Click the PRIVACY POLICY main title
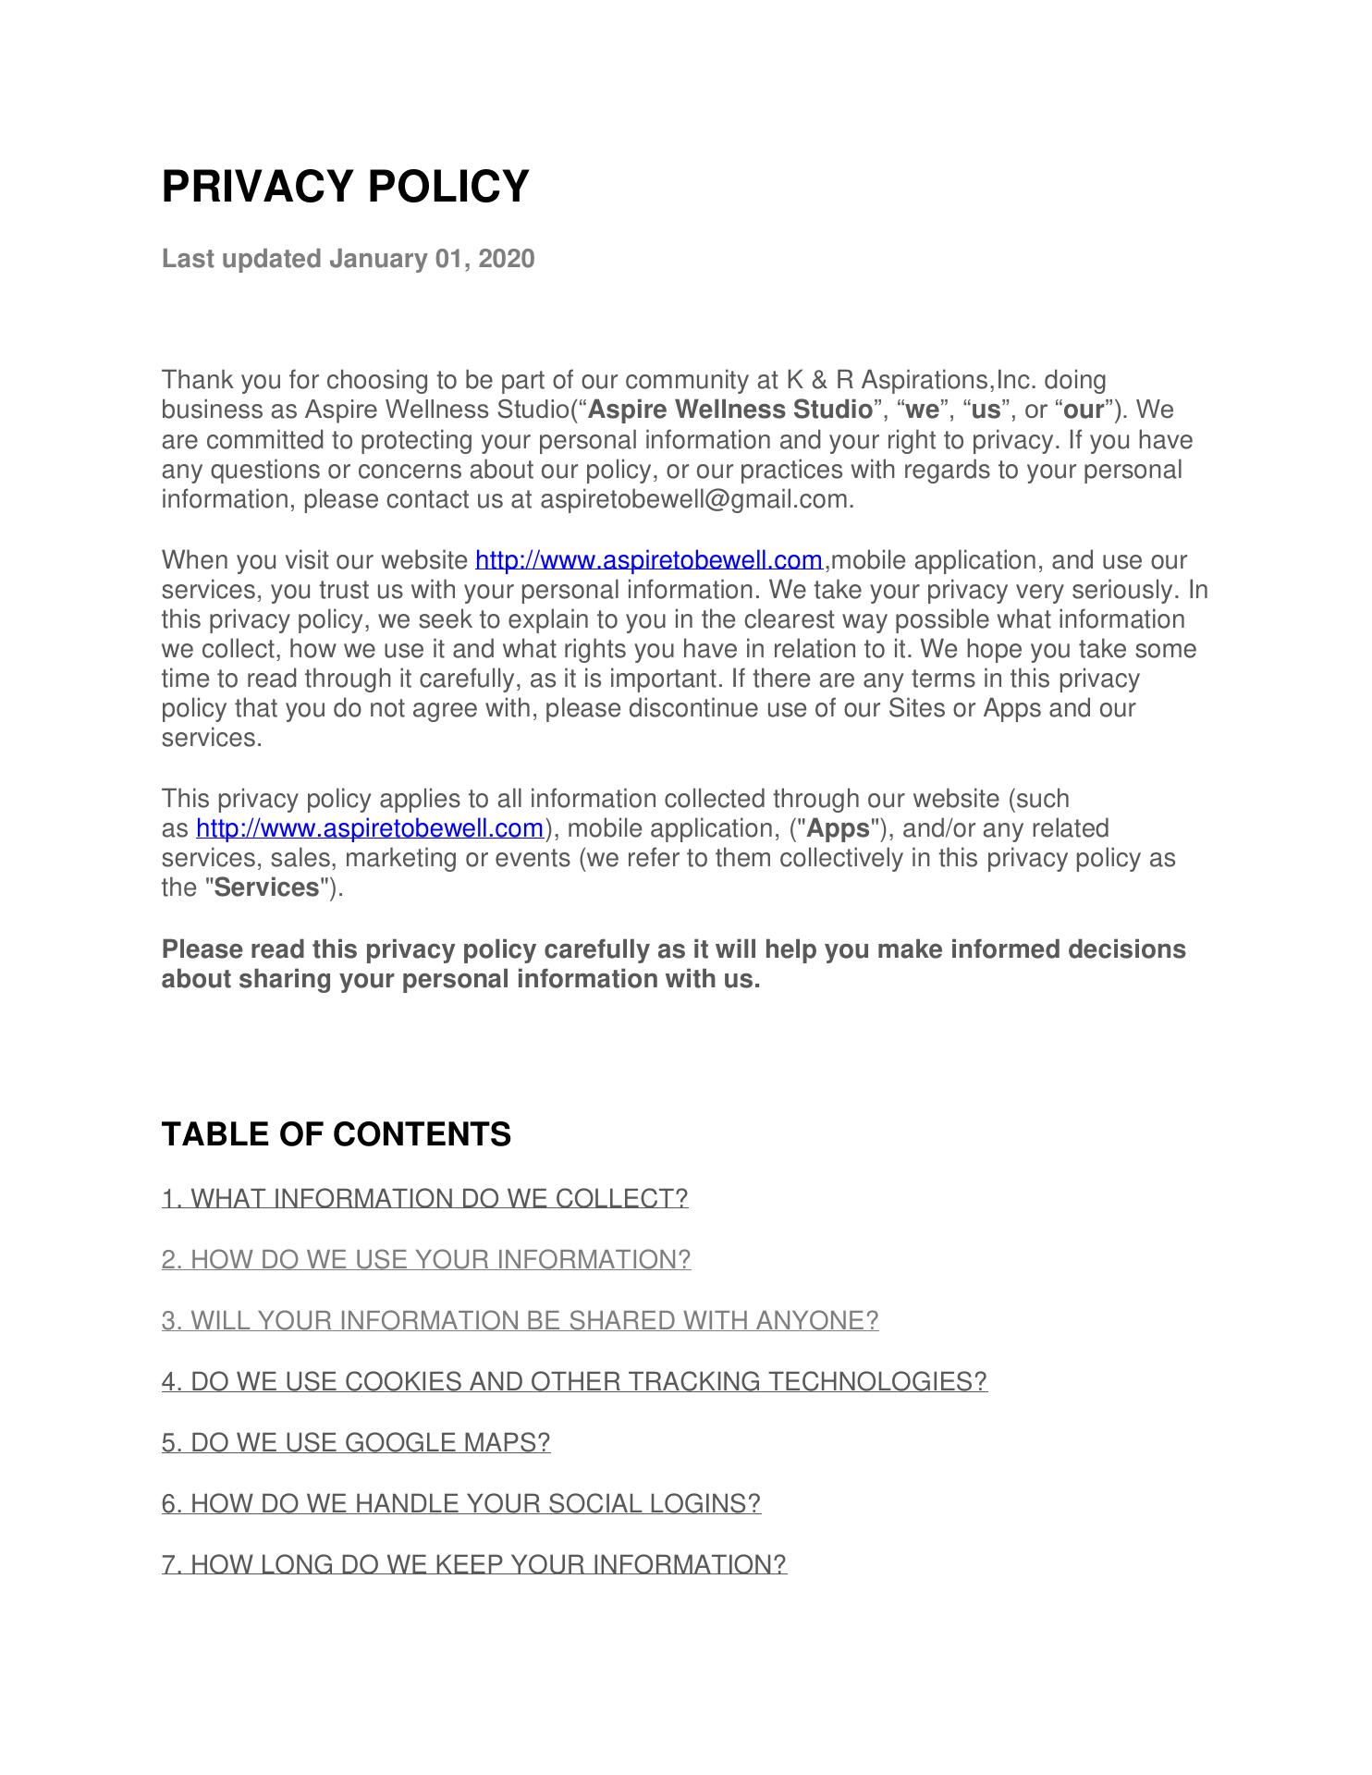click(345, 187)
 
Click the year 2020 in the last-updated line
click(507, 259)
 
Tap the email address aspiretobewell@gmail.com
click(693, 500)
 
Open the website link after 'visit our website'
click(648, 560)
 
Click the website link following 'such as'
click(370, 828)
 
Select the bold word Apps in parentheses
click(839, 828)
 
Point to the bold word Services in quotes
click(266, 888)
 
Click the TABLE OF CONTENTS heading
click(336, 1134)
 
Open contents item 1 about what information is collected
click(424, 1199)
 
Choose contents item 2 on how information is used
click(426, 1260)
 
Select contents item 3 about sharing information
click(520, 1321)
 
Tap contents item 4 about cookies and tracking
click(574, 1382)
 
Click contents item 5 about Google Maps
click(356, 1443)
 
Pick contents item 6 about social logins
click(461, 1504)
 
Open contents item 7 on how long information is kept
click(473, 1565)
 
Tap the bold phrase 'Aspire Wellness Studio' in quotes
click(730, 410)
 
